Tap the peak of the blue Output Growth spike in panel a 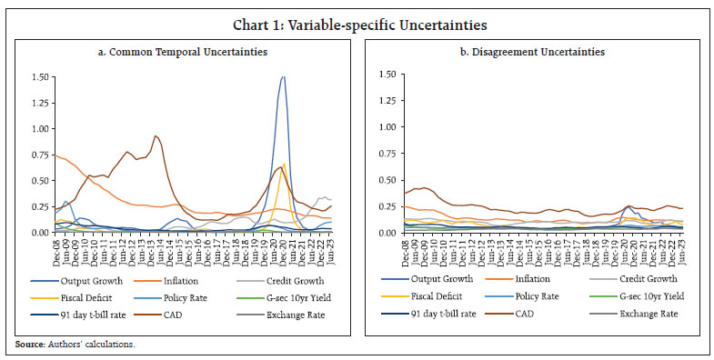point(283,77)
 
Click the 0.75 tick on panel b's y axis point(389,155)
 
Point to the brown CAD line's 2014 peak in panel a point(156,136)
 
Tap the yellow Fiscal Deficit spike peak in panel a point(285,165)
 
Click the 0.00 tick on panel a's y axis point(40,233)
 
